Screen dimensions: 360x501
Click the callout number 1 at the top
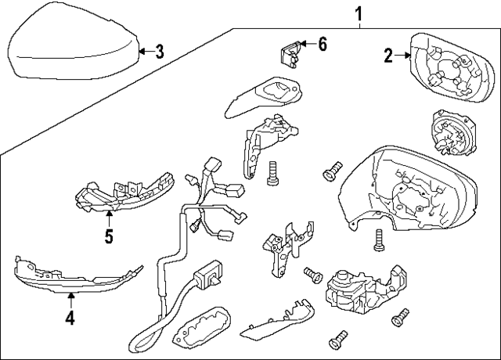359,13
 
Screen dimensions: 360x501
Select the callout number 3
159,52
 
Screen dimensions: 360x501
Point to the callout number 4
70,318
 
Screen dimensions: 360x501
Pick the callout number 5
109,234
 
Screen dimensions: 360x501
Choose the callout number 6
321,44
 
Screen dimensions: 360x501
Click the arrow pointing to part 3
142,52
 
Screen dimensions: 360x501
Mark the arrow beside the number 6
307,44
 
